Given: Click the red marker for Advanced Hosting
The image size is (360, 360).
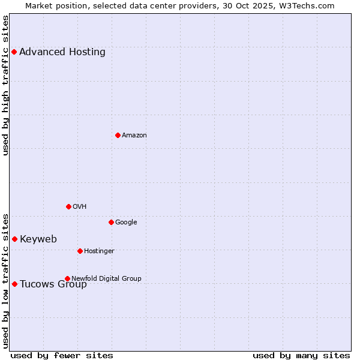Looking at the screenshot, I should point(14,52).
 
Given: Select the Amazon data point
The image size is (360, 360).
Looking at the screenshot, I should point(118,135).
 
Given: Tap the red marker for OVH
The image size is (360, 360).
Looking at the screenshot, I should point(68,206).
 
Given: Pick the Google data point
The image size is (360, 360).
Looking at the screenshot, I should point(111,222).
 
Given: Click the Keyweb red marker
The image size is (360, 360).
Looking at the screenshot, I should point(14,239).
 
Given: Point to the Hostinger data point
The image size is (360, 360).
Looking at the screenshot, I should point(80,251).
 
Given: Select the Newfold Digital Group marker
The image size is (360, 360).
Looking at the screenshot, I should point(67,278).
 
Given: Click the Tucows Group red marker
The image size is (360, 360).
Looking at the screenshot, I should point(14,284).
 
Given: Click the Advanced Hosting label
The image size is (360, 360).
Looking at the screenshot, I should point(62,52).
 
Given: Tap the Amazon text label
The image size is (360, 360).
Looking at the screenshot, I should point(134,135).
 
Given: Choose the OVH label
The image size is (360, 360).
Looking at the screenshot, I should point(80,206).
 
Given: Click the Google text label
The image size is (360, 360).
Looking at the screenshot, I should point(126,222).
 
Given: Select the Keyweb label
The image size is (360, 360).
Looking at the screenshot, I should point(38,239).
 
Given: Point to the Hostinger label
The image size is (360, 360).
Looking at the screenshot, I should point(99,251).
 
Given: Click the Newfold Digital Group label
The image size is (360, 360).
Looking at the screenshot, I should point(106,278).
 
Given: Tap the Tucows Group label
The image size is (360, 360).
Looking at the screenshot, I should point(53,284).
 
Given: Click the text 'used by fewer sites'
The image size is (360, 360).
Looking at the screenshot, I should point(62,355).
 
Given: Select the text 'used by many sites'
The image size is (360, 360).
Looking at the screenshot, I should point(301,355).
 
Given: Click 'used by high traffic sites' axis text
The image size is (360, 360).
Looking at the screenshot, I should point(6,85).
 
